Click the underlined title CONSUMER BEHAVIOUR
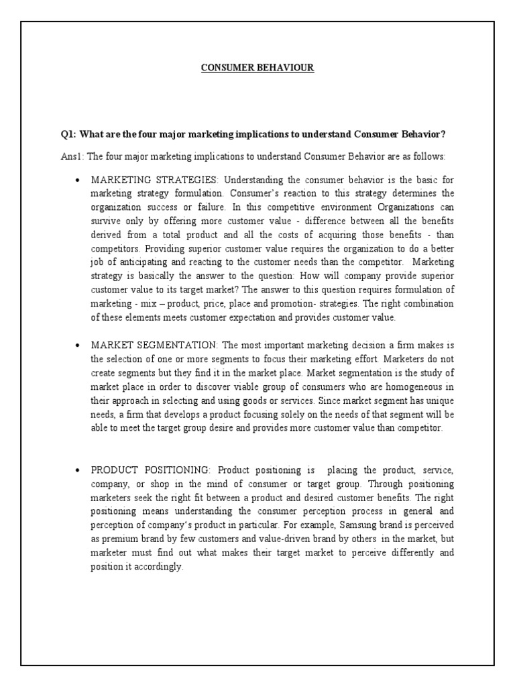tap(257, 68)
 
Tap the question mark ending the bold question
tap(443, 134)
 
